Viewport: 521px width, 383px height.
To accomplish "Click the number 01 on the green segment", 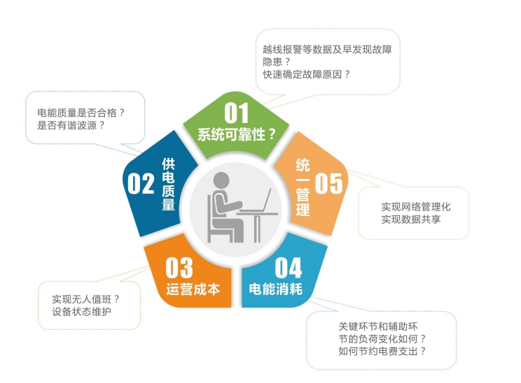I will (237, 113).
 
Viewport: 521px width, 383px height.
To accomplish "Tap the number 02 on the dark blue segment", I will (140, 183).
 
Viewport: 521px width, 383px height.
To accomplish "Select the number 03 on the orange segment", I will (179, 268).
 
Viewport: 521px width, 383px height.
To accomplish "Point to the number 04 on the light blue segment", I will (288, 268).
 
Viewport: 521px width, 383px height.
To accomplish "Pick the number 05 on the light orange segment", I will (328, 183).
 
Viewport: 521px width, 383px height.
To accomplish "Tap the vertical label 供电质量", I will (168, 184).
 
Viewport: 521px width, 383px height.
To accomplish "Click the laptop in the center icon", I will (260, 202).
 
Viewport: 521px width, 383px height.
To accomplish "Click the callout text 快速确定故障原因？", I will (307, 73).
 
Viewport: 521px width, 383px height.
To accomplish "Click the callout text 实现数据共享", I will (415, 219).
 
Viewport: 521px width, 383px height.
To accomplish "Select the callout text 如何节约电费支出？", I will (382, 351).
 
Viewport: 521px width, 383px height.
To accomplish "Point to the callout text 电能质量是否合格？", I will (81, 111).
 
